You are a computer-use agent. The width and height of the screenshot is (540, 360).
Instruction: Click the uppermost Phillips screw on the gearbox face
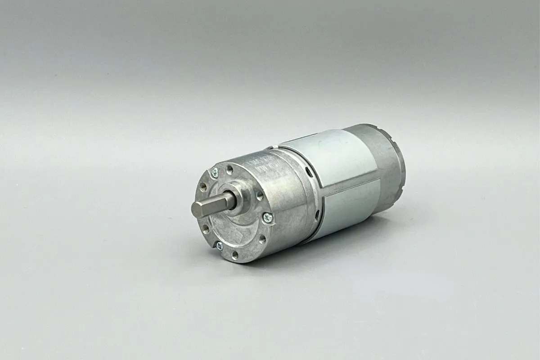[x=215, y=171]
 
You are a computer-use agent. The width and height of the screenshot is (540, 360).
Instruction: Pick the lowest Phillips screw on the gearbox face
[x=219, y=246]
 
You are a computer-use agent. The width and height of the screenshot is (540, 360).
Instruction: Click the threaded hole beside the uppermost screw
[x=230, y=170]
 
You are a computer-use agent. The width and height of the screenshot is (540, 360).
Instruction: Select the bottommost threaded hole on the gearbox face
[x=235, y=255]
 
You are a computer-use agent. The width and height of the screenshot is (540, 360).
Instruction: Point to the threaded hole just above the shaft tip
[x=203, y=185]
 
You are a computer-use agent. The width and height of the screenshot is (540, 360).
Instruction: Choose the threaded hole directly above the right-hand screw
[x=260, y=195]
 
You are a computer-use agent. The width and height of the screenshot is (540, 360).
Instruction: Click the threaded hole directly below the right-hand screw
[x=262, y=238]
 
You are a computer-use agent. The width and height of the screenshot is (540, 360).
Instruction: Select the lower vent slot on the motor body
[x=317, y=216]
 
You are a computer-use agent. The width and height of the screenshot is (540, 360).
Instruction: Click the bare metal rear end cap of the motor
[x=387, y=162]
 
